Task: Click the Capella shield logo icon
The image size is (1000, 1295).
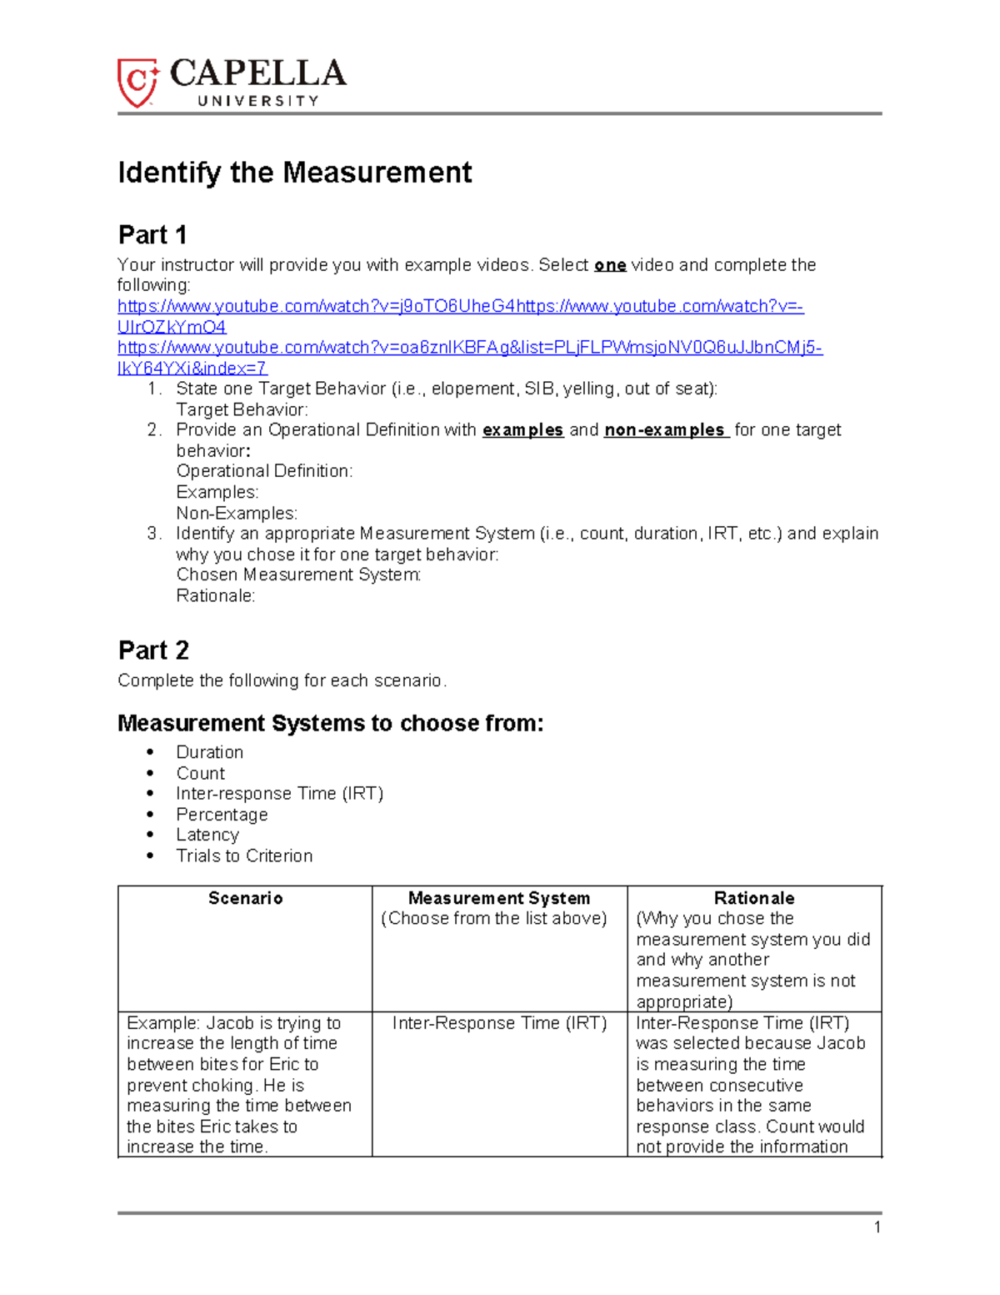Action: point(137,83)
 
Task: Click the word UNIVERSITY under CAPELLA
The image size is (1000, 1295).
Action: point(257,101)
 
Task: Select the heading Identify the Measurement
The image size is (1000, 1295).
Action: point(294,173)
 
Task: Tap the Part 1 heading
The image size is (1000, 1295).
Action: point(152,235)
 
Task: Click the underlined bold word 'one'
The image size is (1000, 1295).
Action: point(610,265)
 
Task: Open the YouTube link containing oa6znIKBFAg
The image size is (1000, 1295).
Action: point(469,348)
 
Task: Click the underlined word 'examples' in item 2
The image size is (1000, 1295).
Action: point(522,430)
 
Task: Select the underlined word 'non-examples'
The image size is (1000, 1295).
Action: point(665,430)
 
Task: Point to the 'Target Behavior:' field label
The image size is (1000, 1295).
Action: point(242,409)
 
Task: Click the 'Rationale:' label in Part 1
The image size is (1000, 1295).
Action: point(216,595)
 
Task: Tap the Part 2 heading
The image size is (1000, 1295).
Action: point(153,650)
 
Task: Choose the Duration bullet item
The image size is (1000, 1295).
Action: point(210,752)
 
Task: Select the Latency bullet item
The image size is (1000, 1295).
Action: point(207,835)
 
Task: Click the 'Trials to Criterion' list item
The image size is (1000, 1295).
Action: point(244,856)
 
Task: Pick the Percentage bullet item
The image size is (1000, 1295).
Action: point(222,815)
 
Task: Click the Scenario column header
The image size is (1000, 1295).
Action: point(245,898)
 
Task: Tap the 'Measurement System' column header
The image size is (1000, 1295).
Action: point(499,898)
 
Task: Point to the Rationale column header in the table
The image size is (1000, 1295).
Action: point(754,898)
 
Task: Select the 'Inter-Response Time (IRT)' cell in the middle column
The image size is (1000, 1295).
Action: point(499,1023)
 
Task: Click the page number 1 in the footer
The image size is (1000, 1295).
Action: point(877,1227)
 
